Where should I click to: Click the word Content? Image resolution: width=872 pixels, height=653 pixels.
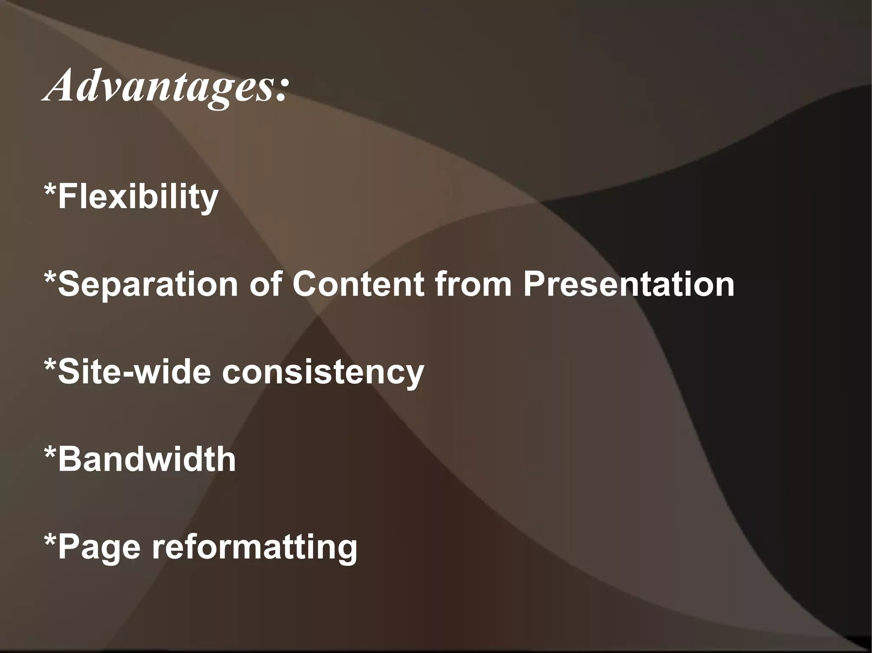358,285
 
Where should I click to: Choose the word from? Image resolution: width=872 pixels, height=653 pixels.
473,285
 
